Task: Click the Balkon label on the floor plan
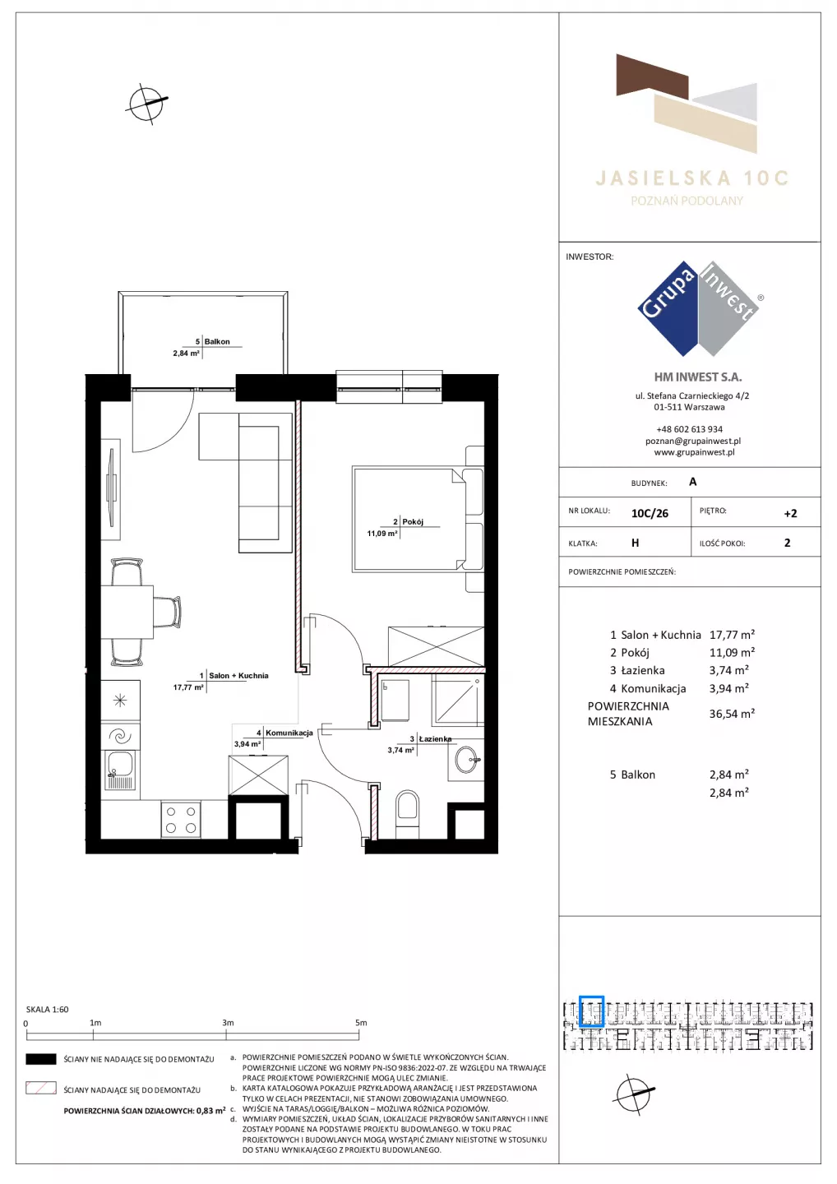pyautogui.click(x=216, y=341)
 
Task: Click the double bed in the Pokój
pyautogui.click(x=418, y=519)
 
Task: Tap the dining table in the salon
pyautogui.click(x=127, y=612)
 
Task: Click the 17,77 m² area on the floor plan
pyautogui.click(x=188, y=687)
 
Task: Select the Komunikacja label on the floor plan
pyautogui.click(x=289, y=733)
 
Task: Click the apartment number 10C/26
pyautogui.click(x=650, y=513)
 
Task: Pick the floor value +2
pyautogui.click(x=790, y=513)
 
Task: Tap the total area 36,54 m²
pyautogui.click(x=732, y=714)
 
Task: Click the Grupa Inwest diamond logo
pyautogui.click(x=699, y=308)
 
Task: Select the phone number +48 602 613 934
pyautogui.click(x=689, y=429)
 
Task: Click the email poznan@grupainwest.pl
pyautogui.click(x=693, y=441)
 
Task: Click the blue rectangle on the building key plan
pyautogui.click(x=591, y=1011)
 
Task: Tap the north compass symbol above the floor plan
pyautogui.click(x=146, y=104)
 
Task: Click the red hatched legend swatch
pyautogui.click(x=40, y=1089)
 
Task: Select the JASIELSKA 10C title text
pyautogui.click(x=691, y=178)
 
